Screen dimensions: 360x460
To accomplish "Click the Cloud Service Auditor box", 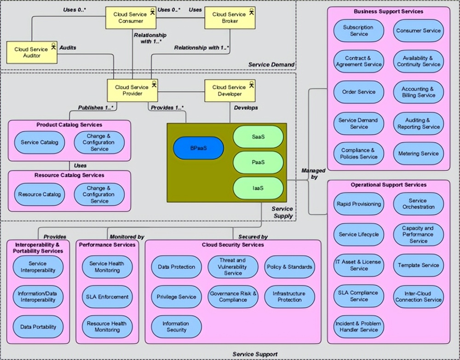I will coord(31,52).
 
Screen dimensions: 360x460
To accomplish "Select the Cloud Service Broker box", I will coord(229,17).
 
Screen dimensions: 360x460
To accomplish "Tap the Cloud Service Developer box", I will coord(229,90).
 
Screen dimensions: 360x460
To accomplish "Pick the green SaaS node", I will coord(258,136).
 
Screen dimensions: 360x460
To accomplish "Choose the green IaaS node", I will coord(258,187).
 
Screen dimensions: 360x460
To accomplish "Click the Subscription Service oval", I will coord(358,30).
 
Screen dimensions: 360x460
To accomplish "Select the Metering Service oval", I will coord(419,153).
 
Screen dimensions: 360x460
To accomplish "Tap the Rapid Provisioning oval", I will coord(359,204).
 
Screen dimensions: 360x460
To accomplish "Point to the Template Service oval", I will coord(419,265).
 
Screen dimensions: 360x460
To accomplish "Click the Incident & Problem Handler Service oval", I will coord(359,326).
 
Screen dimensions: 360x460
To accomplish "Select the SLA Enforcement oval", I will coord(107,297).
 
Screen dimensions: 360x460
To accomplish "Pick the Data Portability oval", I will coord(38,327).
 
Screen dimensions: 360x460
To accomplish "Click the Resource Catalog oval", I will coord(40,194).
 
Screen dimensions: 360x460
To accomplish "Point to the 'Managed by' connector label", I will coord(313,173).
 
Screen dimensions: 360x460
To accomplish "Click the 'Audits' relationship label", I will coord(68,47).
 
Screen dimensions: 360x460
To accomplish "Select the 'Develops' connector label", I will coord(246,108).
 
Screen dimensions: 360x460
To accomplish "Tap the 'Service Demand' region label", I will coord(271,64).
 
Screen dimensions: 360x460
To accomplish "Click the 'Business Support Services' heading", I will coord(389,11).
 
